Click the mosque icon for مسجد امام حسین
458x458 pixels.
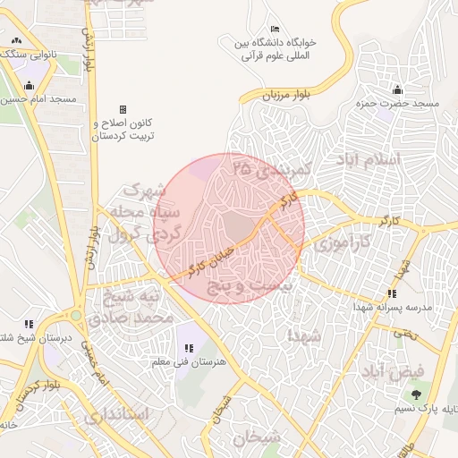(30, 86)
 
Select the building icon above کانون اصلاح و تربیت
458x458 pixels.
(123, 108)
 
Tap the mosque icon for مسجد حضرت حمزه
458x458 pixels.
(397, 89)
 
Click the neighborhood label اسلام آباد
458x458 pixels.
(368, 159)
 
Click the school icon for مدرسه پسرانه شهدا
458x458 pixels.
(391, 293)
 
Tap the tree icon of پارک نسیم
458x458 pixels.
(415, 394)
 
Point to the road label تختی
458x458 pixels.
(405, 332)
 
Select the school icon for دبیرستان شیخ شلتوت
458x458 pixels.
(29, 324)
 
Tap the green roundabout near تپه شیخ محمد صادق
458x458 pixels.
(75, 315)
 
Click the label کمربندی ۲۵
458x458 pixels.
(269, 167)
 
